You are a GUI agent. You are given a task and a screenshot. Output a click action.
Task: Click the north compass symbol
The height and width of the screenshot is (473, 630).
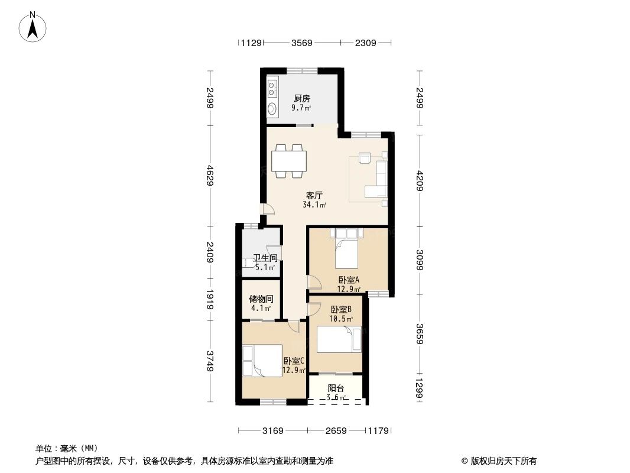coord(33,27)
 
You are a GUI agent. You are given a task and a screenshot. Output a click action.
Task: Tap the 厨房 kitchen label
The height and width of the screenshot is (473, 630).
coord(301,99)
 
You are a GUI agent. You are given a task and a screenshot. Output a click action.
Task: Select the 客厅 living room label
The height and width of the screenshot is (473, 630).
coord(314,195)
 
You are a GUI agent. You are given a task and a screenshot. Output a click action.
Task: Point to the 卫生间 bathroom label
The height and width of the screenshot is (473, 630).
coord(265,258)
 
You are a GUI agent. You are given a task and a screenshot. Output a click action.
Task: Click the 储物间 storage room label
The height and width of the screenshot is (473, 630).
coord(261,299)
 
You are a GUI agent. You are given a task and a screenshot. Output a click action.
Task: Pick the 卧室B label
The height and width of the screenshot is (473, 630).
coord(341,309)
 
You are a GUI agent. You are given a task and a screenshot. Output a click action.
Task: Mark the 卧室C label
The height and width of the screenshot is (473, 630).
coord(293,361)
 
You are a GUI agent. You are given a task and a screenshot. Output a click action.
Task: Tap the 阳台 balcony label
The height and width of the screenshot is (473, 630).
coord(336,388)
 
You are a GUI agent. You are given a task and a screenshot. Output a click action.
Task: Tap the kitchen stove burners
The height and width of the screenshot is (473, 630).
coord(271,88)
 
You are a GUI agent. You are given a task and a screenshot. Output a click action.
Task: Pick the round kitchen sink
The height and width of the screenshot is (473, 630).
coord(272,109)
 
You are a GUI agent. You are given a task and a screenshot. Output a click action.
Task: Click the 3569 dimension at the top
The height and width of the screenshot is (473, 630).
coord(301,43)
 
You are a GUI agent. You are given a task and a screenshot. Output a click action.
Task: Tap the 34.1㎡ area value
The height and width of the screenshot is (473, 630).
coord(314,205)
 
